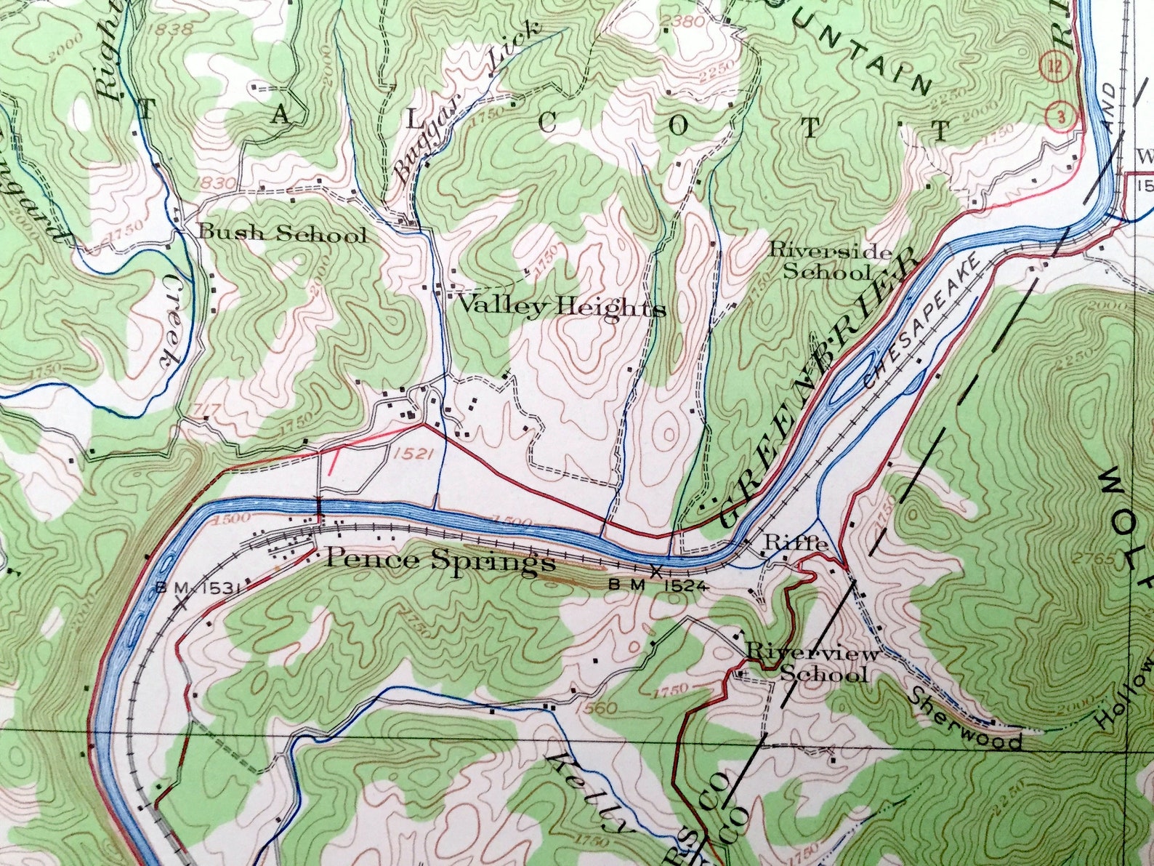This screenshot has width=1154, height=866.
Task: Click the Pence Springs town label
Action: [440, 561]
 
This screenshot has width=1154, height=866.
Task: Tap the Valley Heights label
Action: [560, 308]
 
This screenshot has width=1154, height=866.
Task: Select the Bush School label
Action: [282, 233]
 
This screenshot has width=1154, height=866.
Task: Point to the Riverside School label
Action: [830, 262]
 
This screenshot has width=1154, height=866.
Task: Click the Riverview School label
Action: [814, 662]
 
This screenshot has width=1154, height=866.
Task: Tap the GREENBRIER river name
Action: [814, 393]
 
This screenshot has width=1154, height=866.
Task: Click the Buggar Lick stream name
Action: [467, 102]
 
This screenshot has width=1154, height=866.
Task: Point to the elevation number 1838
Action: [173, 29]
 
